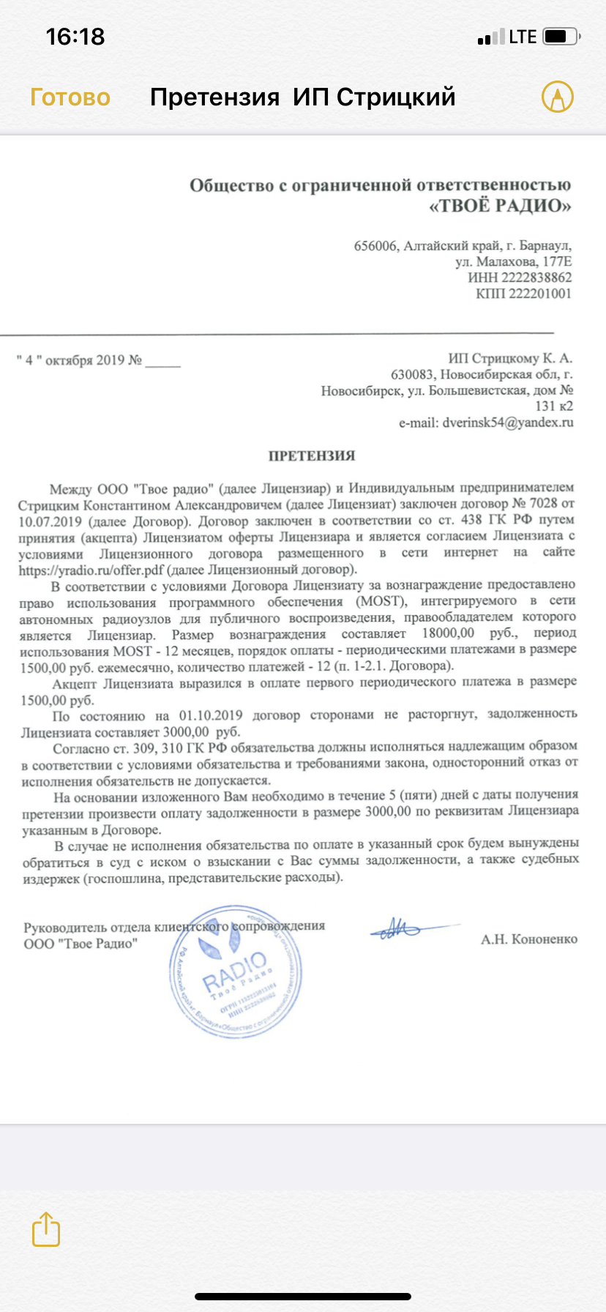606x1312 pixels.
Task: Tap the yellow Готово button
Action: [x=70, y=97]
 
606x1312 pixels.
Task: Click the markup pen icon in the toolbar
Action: [x=557, y=97]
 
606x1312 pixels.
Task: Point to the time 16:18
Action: [x=75, y=37]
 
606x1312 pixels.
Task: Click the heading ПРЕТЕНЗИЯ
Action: [x=312, y=456]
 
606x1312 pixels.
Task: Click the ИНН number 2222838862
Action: [x=535, y=277]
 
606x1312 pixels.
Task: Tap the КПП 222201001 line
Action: [x=523, y=294]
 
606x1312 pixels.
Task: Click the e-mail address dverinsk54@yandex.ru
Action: [x=507, y=422]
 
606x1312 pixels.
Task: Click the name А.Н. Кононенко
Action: [x=528, y=939]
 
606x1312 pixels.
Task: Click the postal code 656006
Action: [x=375, y=246]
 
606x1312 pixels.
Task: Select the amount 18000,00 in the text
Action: [x=448, y=633]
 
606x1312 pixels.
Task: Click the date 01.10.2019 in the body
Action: [x=211, y=715]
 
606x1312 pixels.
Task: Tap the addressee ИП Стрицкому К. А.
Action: [x=510, y=359]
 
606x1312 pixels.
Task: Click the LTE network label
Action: [x=523, y=37]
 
